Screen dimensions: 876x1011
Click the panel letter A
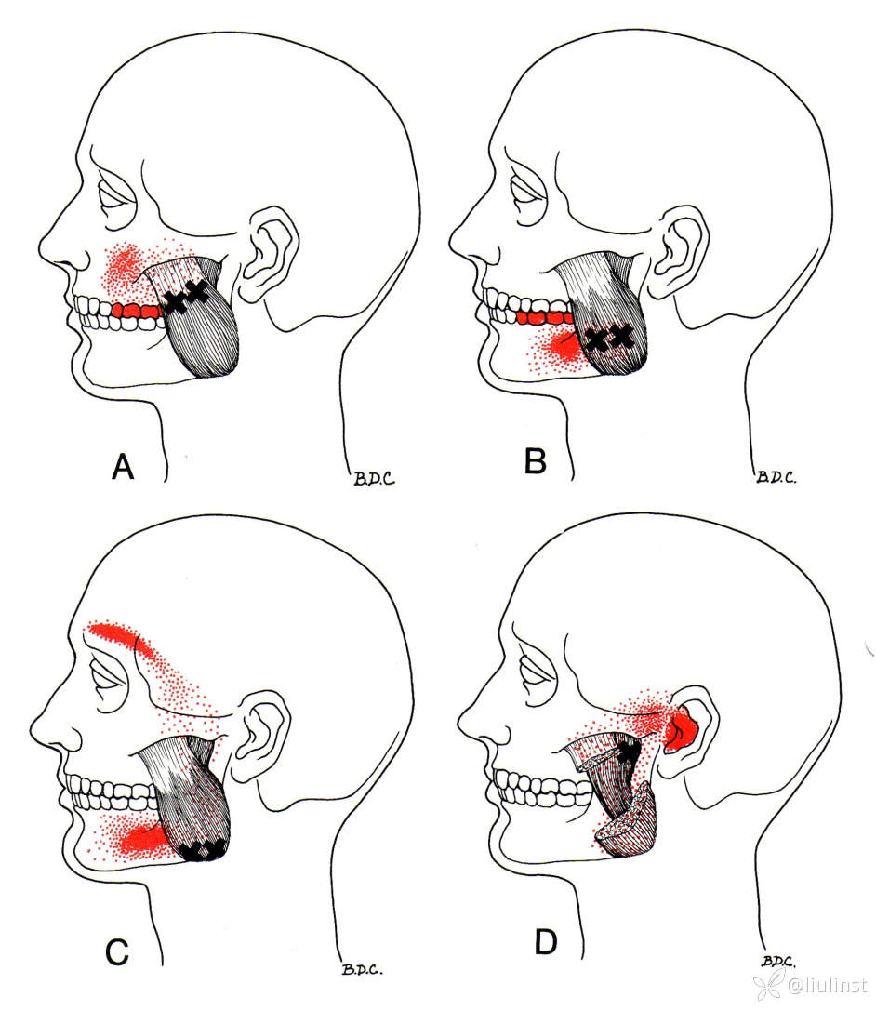tap(123, 466)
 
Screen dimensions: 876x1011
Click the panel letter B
tap(535, 461)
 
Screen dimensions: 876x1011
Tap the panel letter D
tap(546, 943)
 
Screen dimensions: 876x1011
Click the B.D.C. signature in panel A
tap(374, 478)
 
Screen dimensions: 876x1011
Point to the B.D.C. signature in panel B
tap(776, 477)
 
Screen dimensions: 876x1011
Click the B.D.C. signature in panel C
tap(363, 969)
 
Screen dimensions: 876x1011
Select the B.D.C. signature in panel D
tap(778, 962)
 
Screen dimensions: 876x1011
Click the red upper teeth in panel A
tap(138, 311)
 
